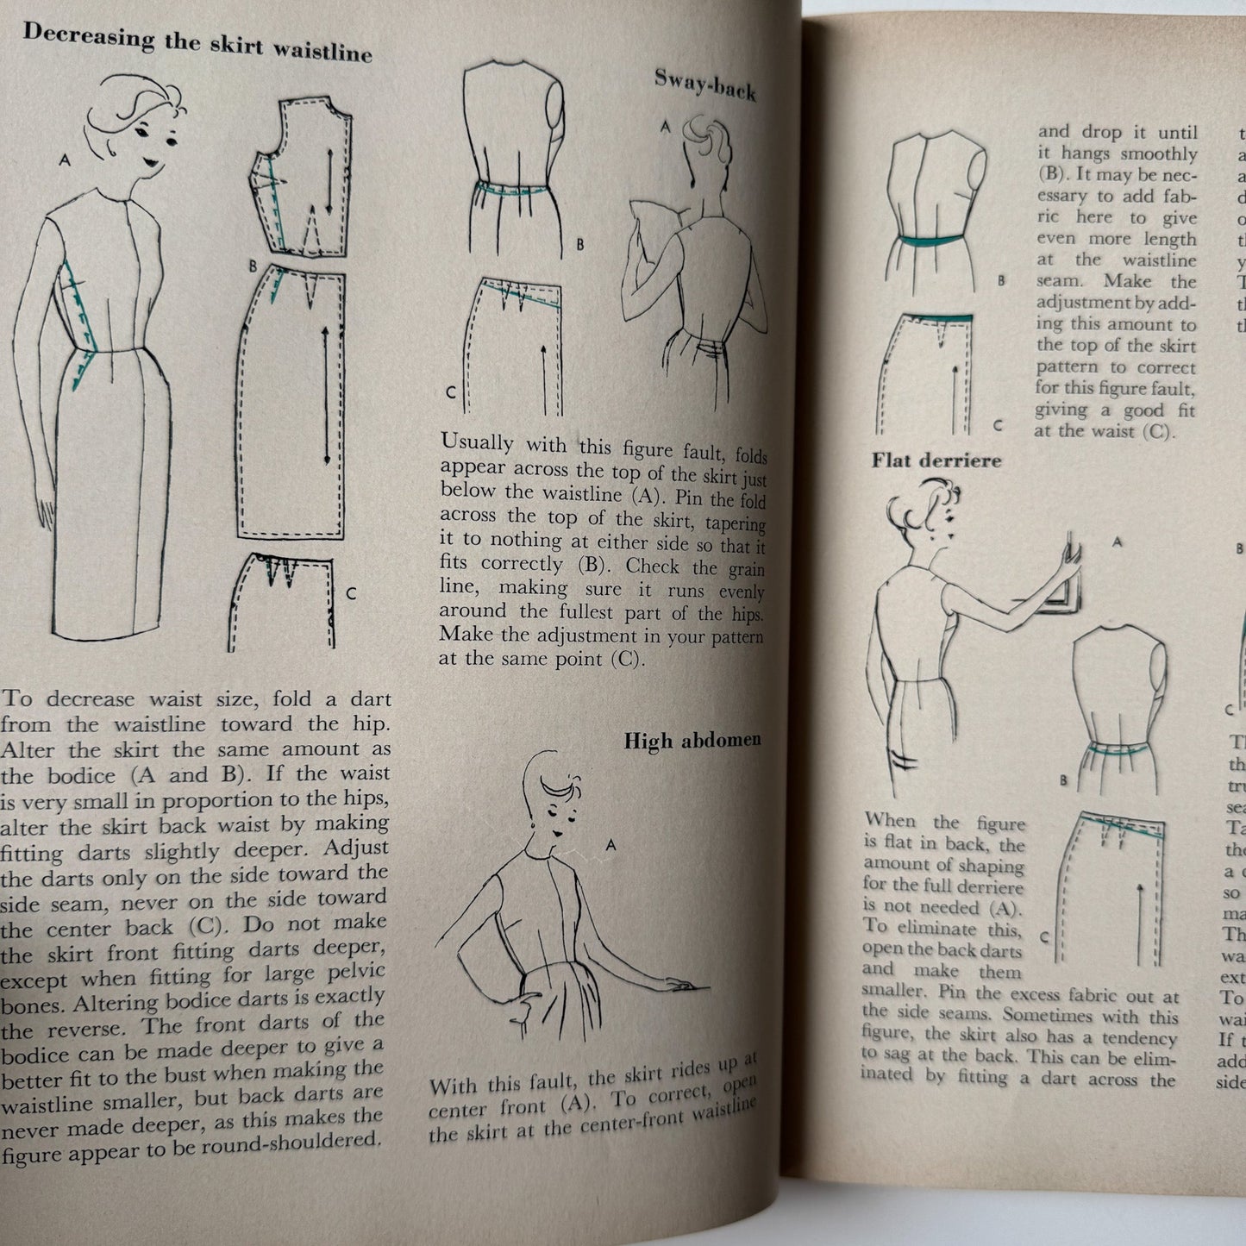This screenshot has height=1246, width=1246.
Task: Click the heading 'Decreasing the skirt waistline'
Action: [197, 42]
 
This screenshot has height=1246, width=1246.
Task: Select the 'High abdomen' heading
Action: [692, 741]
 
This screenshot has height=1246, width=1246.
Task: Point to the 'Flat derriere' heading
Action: [936, 460]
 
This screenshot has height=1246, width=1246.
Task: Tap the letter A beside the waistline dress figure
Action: [66, 160]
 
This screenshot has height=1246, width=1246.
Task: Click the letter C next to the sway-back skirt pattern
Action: [450, 392]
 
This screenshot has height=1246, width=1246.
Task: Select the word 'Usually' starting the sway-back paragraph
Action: [476, 443]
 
